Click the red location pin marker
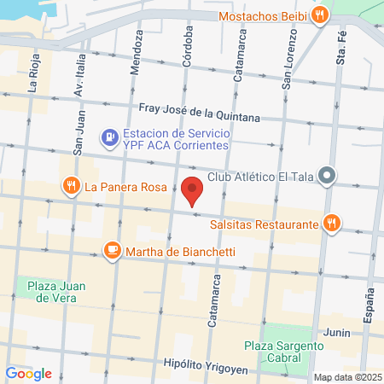tap(192, 189)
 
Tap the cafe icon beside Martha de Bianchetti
tap(112, 251)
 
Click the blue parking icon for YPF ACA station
tap(109, 137)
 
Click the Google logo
tap(29, 373)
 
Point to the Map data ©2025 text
tap(346, 377)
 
